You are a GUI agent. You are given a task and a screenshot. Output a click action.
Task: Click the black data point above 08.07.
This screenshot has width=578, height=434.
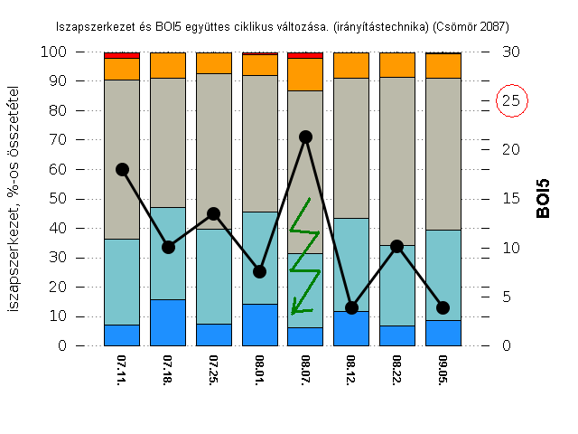point(305,137)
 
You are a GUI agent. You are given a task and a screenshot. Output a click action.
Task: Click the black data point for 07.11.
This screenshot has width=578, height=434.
point(122,169)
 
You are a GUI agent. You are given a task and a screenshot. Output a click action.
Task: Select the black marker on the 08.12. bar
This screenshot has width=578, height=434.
point(351,307)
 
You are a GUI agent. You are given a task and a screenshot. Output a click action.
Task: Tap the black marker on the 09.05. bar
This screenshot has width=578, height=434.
point(443,307)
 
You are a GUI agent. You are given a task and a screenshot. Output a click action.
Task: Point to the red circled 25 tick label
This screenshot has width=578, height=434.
point(510,100)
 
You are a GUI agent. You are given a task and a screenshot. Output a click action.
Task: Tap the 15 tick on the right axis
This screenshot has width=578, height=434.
point(510,199)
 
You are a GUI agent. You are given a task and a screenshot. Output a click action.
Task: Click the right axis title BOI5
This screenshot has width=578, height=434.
point(543,199)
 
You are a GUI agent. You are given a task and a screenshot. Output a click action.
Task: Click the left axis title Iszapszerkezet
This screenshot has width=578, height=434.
point(15,199)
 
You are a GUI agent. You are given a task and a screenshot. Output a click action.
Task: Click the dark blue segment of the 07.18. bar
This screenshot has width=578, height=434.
point(168,323)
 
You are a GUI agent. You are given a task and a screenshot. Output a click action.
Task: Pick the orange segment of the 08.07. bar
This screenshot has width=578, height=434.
point(305,73)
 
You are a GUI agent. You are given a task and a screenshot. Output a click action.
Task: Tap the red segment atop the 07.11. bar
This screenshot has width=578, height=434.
point(122,55)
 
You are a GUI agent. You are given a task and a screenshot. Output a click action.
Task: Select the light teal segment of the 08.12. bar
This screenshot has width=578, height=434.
point(351,264)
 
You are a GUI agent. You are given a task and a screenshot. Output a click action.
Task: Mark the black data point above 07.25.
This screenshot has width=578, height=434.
point(214,213)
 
